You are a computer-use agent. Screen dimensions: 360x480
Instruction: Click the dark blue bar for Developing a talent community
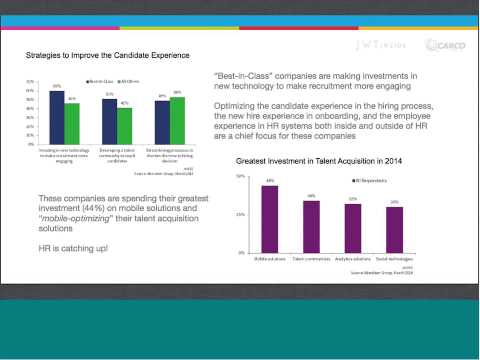(x=109, y=121)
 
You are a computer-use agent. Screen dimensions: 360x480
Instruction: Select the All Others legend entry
(x=130, y=80)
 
